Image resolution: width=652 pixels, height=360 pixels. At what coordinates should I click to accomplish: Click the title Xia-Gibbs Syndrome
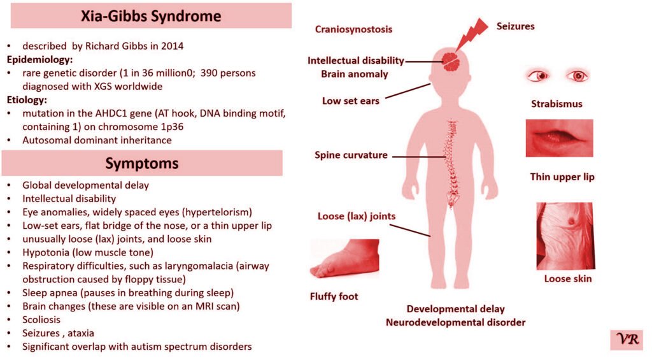[151, 17]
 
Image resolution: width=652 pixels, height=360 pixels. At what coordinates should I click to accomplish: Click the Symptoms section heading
[142, 163]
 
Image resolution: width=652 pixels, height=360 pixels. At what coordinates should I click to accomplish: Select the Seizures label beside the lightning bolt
[515, 26]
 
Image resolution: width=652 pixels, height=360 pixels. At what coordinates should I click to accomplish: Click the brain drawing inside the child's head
[452, 61]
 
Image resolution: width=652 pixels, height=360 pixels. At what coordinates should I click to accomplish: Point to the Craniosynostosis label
[353, 29]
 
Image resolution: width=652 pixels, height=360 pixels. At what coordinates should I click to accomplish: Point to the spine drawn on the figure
[453, 162]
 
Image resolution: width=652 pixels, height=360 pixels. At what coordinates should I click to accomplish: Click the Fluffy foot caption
[334, 296]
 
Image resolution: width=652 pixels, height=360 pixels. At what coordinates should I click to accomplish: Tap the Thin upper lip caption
[562, 176]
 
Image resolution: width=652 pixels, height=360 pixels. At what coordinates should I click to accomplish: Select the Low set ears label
[350, 101]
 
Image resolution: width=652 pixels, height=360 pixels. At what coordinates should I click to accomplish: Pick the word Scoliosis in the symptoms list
[42, 320]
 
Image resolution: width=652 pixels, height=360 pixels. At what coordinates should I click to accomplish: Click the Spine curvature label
[351, 155]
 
